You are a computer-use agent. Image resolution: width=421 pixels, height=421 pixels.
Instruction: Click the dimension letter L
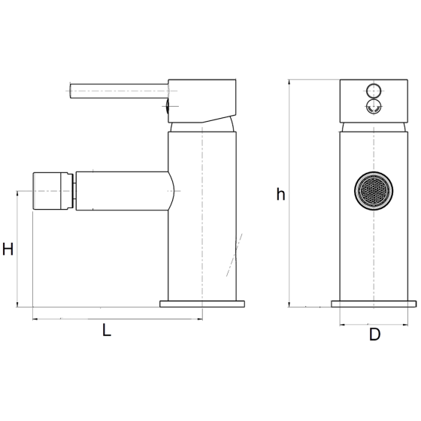tap(107, 330)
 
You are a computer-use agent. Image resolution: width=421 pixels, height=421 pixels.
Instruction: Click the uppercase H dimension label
tap(8, 249)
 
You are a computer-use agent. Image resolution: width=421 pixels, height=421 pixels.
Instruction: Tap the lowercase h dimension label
tap(280, 194)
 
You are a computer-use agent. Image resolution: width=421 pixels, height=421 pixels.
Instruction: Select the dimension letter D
tap(374, 335)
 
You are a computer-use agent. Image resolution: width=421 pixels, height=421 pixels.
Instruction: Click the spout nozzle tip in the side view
tap(53, 191)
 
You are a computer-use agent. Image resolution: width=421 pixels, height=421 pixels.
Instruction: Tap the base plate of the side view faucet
tap(202, 304)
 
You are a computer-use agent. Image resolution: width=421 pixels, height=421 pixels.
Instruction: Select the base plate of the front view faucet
tap(374, 304)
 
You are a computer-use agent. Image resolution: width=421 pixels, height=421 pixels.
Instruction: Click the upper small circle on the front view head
tap(374, 90)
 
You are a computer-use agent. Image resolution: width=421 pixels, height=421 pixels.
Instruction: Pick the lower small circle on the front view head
tap(374, 106)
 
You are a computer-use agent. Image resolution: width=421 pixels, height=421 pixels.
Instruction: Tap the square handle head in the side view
tap(202, 101)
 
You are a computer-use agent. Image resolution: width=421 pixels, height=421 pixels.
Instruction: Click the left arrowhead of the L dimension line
tap(35, 319)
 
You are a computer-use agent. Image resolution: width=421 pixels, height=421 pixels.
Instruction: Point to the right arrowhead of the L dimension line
tap(200, 319)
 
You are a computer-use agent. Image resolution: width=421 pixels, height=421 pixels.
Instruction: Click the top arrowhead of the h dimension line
tap(289, 82)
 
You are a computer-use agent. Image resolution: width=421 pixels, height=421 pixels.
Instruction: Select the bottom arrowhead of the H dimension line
tap(18, 304)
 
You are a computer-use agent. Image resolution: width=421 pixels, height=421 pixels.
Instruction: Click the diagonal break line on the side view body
tap(234, 255)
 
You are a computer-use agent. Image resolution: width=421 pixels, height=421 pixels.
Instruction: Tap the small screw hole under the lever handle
tap(167, 106)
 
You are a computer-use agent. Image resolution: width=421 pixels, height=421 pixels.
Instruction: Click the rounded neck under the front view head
tap(374, 127)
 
